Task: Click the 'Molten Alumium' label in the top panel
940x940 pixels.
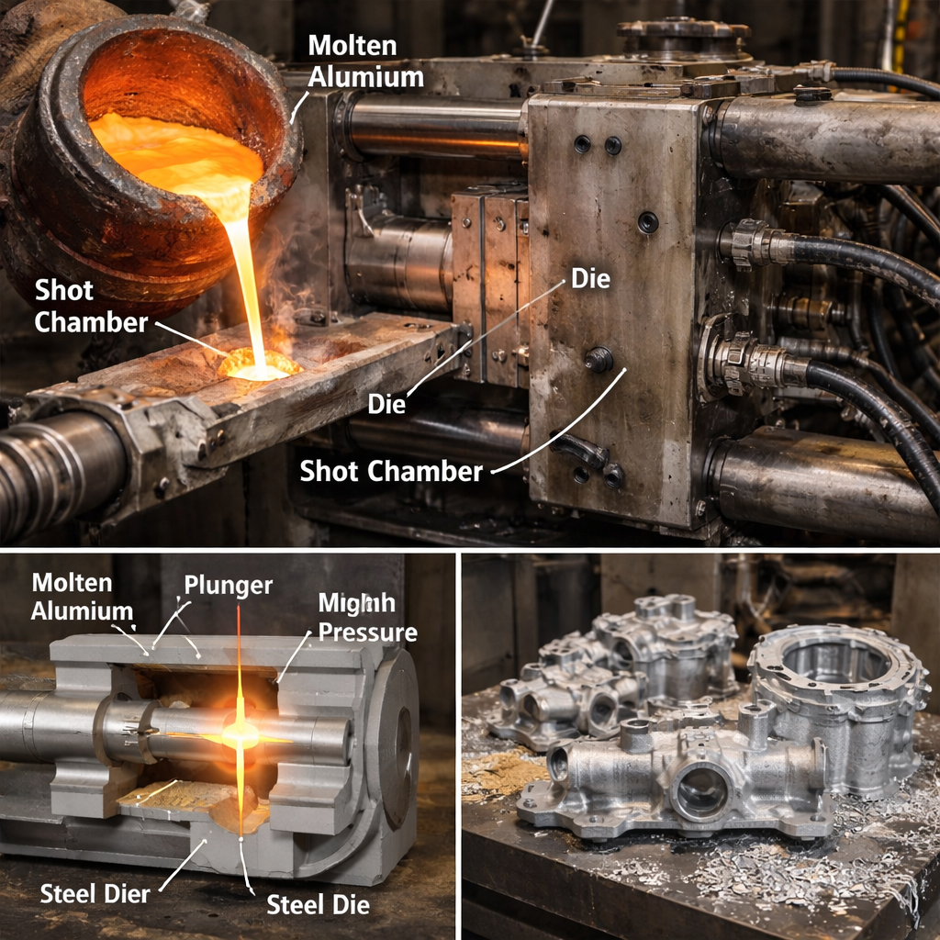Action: (x=365, y=62)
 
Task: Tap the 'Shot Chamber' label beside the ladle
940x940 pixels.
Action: (x=91, y=307)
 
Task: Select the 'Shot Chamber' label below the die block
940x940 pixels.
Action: (x=391, y=471)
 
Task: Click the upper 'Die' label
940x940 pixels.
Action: (x=590, y=279)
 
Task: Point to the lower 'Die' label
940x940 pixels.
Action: (x=386, y=404)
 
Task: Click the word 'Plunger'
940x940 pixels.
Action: (x=229, y=586)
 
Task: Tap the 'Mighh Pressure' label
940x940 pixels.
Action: (x=367, y=618)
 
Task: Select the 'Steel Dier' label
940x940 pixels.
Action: (x=95, y=894)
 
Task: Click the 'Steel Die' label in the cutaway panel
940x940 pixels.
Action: (x=318, y=904)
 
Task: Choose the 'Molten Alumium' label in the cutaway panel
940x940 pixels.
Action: (x=82, y=597)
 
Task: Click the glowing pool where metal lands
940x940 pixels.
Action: (x=260, y=364)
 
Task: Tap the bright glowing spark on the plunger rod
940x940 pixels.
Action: (x=240, y=734)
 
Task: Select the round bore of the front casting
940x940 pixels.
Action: (x=702, y=792)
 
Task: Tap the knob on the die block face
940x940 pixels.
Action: (x=599, y=359)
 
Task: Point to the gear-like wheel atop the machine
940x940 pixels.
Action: (x=683, y=31)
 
